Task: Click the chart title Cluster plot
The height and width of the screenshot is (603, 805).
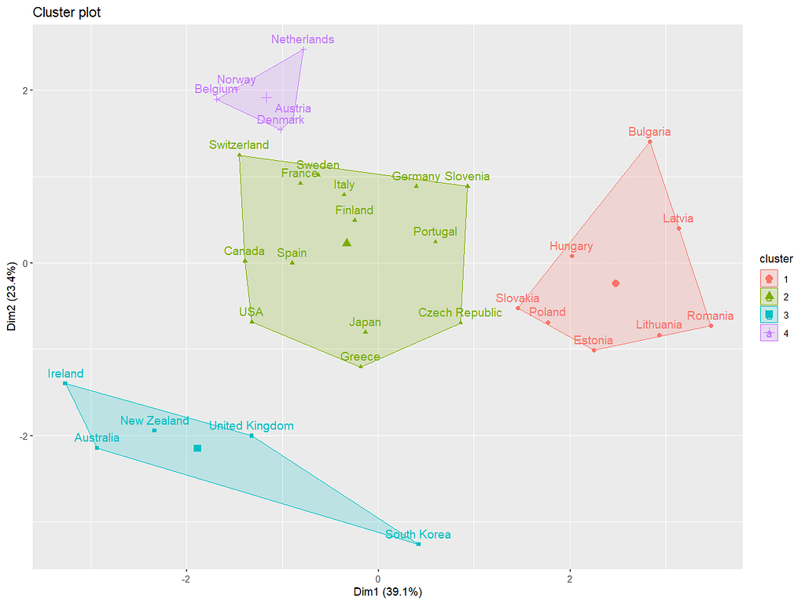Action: [x=67, y=13]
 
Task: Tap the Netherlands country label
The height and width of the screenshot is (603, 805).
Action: [x=303, y=39]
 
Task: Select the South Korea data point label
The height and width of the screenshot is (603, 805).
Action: [x=418, y=535]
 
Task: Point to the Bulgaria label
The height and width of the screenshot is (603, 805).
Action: [x=649, y=132]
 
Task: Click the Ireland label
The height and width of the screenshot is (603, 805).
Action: [x=65, y=374]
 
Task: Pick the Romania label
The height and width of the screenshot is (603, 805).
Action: [x=710, y=316]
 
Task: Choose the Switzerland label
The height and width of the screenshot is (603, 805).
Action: [x=239, y=145]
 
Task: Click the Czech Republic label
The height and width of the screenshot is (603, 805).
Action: [x=460, y=312]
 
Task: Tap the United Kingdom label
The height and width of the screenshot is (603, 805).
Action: [x=251, y=426]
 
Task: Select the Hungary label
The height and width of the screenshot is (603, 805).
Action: [x=571, y=246]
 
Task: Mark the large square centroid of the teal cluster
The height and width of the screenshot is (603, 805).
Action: [x=197, y=448]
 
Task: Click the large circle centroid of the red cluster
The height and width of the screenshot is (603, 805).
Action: [x=616, y=283]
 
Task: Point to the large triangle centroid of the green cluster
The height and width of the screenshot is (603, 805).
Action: [x=347, y=243]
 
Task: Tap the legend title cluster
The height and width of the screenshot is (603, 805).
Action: [x=776, y=258]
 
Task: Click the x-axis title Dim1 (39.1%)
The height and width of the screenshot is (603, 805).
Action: [x=387, y=592]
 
